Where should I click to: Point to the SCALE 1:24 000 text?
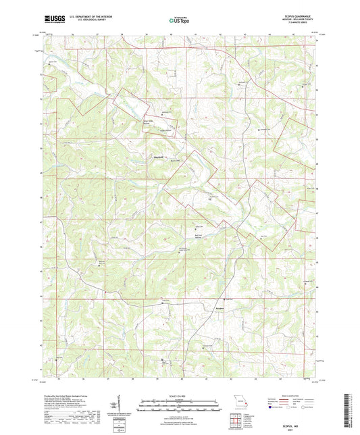point(180,395)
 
